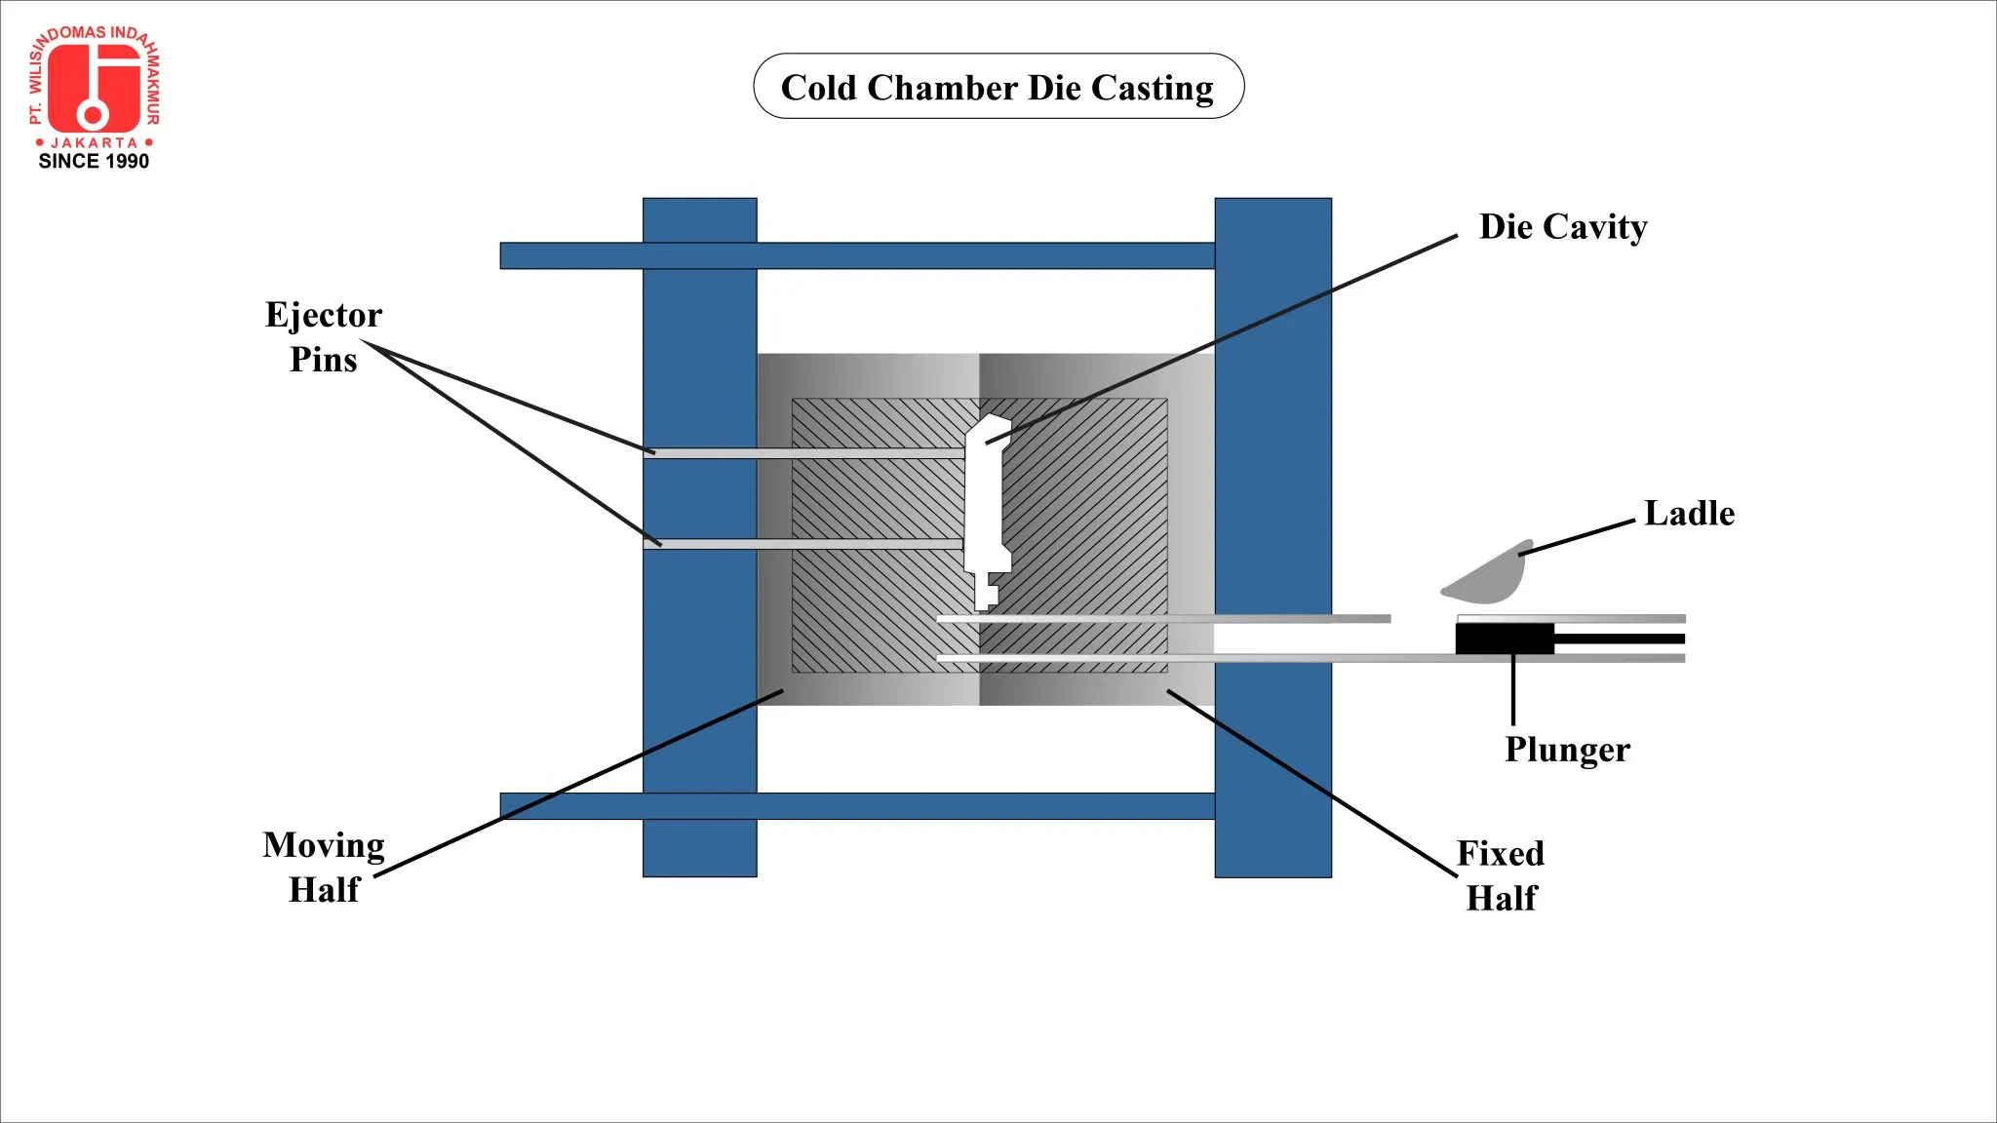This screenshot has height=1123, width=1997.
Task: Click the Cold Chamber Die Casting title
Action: [x=998, y=87]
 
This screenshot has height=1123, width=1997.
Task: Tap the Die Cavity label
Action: [x=1563, y=226]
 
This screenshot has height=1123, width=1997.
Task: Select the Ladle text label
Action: [x=1689, y=513]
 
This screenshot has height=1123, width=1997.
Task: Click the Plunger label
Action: [x=1566, y=749]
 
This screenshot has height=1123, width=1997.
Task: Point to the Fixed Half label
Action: [x=1501, y=874]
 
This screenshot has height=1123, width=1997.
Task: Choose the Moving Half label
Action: [x=324, y=867]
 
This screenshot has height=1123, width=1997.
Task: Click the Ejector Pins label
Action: [x=324, y=336]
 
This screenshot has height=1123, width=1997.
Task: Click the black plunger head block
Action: [x=1504, y=639]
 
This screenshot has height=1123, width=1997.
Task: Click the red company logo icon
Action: [x=94, y=88]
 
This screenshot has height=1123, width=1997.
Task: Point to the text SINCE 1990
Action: [x=94, y=162]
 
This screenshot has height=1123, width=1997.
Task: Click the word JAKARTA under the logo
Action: [x=94, y=142]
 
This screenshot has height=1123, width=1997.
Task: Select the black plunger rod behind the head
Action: [x=1619, y=639]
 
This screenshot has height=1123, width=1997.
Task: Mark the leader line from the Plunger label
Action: [x=1512, y=690]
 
